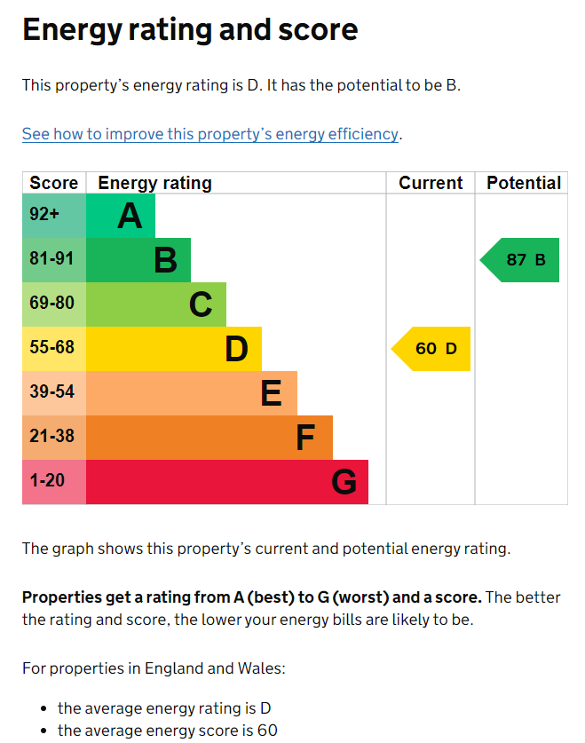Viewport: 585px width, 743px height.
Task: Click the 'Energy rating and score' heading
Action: click(x=190, y=30)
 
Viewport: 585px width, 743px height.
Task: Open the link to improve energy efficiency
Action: click(x=210, y=134)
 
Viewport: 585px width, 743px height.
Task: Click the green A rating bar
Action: click(x=122, y=216)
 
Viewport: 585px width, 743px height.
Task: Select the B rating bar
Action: click(x=139, y=260)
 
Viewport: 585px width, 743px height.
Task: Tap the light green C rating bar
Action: click(x=157, y=304)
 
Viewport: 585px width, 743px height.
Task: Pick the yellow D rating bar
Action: click(x=175, y=349)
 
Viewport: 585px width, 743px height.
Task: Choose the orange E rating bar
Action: click(x=193, y=393)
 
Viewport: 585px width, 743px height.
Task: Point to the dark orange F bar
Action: click(x=210, y=438)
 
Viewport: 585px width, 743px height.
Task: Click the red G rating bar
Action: click(x=228, y=482)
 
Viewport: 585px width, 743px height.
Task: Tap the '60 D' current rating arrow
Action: click(x=432, y=349)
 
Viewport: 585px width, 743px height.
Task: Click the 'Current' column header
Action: click(x=431, y=183)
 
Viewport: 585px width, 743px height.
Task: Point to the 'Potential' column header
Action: click(x=524, y=183)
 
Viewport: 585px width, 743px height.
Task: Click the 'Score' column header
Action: click(x=54, y=183)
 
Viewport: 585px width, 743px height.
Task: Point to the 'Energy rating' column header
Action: click(x=154, y=183)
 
